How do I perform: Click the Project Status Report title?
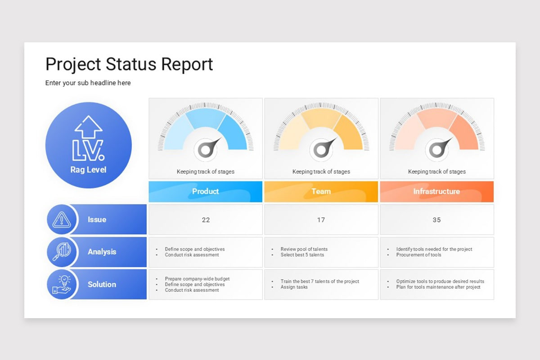click(129, 64)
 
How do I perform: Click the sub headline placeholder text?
click(88, 83)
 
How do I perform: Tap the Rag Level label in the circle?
click(88, 170)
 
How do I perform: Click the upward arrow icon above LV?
click(89, 126)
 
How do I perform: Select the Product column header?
click(205, 191)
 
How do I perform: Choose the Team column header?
click(321, 191)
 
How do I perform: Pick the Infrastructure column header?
click(436, 191)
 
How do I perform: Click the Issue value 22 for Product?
click(206, 220)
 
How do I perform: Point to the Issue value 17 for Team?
click(321, 220)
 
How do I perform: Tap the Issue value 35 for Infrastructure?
click(436, 220)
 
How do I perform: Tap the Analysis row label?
click(102, 252)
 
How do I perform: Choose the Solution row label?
click(102, 284)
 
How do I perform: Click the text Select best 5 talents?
click(302, 255)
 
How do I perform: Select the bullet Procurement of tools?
click(418, 255)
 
